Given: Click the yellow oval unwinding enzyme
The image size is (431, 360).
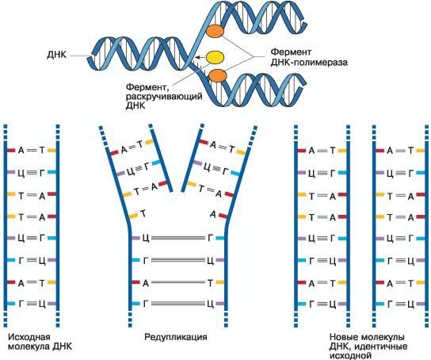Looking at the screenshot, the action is (x=215, y=57).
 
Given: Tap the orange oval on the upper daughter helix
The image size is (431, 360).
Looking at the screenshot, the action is (x=215, y=31).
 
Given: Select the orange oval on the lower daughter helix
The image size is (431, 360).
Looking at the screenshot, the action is (x=218, y=75).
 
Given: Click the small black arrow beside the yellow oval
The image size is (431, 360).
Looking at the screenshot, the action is (x=200, y=57).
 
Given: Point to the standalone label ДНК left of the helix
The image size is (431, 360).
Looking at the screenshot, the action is (x=56, y=55).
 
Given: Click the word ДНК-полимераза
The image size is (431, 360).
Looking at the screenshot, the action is (x=309, y=63).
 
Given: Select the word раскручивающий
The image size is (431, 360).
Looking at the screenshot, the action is (x=164, y=97).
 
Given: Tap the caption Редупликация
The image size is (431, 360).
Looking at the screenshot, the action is (x=176, y=337).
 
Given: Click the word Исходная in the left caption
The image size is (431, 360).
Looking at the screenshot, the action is (x=29, y=337).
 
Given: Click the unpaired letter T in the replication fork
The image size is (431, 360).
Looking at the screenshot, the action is (x=143, y=213).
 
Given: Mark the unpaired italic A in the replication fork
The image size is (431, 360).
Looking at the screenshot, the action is (x=213, y=214).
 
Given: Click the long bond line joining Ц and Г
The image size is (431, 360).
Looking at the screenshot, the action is (x=179, y=238).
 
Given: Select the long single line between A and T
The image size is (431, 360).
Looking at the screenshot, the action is (x=179, y=282).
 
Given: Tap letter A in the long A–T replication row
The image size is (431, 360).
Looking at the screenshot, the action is (x=146, y=282).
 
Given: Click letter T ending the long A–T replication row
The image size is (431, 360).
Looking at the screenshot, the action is (x=210, y=282).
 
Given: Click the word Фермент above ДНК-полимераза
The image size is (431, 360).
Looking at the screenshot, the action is (x=291, y=52).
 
